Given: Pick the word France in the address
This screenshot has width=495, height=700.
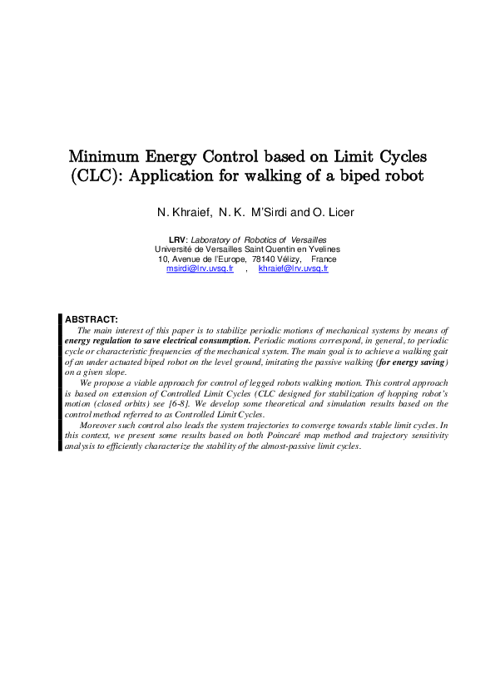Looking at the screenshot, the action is [324, 259].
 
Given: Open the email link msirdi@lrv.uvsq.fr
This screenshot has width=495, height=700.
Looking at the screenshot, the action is [200, 269].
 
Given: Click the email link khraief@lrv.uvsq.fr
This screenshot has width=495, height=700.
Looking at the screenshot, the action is [293, 269].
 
